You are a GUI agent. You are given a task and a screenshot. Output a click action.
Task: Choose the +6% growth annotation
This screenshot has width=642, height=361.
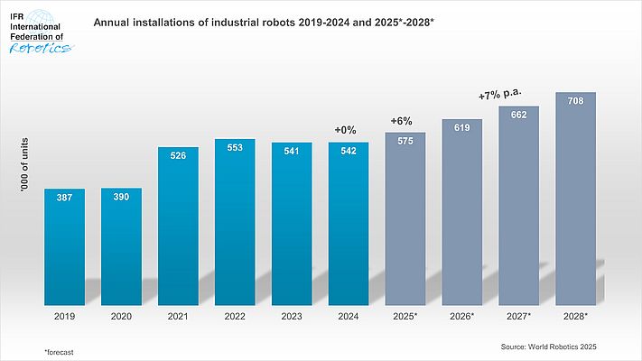pos(402,122)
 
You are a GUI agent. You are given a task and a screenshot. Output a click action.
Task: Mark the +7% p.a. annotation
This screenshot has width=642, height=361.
pos(501,94)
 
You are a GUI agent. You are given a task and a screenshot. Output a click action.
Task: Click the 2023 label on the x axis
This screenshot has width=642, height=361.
pos(292,317)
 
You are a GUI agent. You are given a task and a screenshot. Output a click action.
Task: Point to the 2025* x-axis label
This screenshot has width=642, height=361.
pos(405,317)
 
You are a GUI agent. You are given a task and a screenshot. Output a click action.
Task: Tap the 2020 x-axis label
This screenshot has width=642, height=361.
pos(121,317)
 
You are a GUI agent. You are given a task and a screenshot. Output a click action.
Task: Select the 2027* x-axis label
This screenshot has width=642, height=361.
pos(518,317)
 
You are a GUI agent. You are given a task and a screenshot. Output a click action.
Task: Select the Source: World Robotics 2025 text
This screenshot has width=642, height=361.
pos(549,346)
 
